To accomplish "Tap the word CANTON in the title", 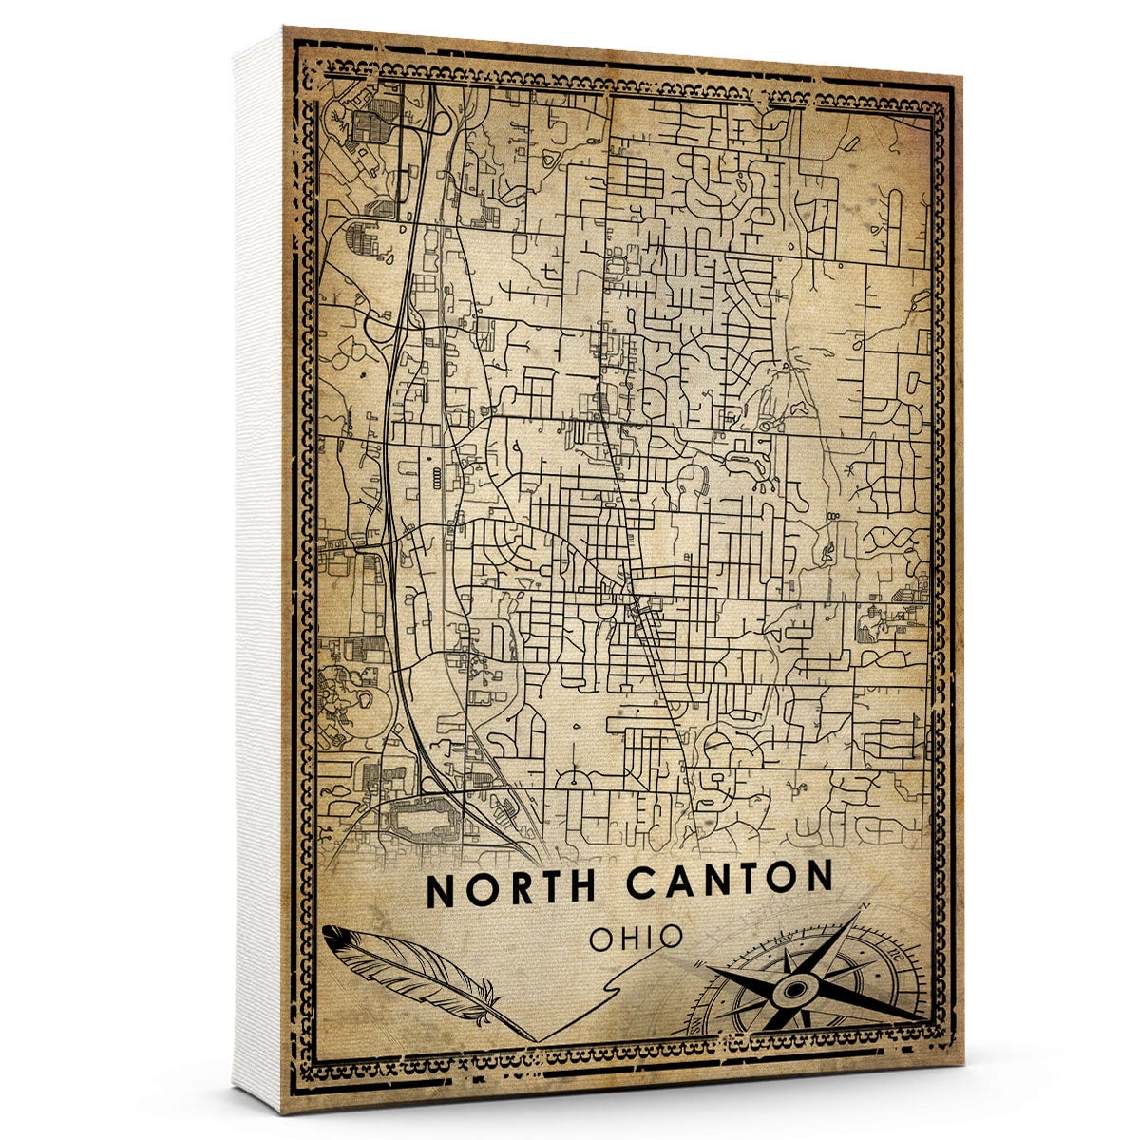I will coord(729,883).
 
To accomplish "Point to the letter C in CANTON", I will coord(639,883).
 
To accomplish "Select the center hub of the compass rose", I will coord(791,992).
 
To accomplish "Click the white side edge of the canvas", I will coord(256,570).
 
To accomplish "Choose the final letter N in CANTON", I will coord(818,881).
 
